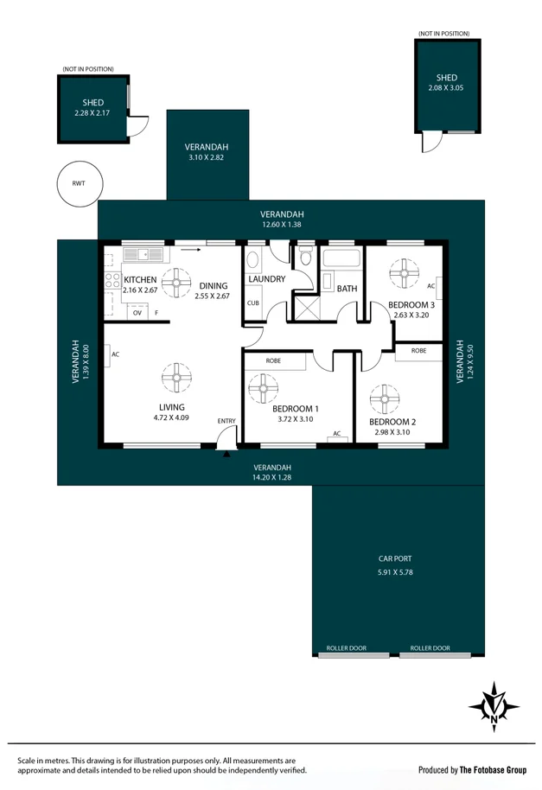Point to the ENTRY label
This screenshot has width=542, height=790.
226,421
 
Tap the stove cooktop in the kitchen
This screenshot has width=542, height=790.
112,280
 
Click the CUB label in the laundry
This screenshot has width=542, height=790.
253,303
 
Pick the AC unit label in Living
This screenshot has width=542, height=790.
115,354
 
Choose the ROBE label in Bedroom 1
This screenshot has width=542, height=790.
273,360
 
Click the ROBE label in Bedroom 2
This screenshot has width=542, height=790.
418,351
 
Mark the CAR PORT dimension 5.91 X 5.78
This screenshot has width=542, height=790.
396,572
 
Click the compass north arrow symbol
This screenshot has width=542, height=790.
494,704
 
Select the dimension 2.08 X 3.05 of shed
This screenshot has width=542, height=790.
446,87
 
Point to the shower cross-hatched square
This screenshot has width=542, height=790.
306,308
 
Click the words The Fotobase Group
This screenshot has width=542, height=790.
493,769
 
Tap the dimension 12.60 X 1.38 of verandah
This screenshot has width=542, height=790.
283,226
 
